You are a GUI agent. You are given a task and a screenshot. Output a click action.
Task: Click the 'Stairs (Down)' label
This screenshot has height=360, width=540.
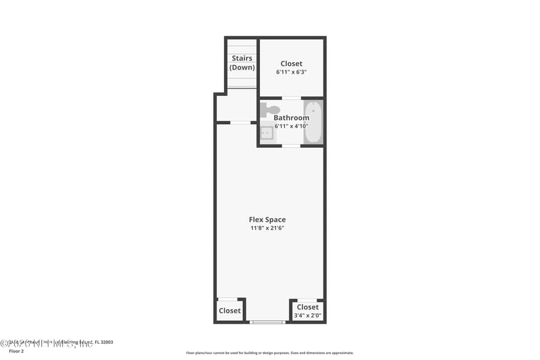pos(242,63)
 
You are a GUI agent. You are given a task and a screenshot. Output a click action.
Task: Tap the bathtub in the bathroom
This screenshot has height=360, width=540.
pos(313,122)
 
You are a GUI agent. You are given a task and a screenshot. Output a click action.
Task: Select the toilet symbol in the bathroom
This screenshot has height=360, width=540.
pos(270,109)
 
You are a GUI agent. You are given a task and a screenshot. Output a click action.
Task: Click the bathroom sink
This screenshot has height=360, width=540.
pos(267,133)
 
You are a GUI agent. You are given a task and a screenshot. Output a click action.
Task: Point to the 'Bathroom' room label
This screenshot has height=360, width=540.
pos(291,118)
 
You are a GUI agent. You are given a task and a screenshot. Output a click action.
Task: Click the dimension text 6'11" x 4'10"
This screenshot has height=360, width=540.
pos(291,126)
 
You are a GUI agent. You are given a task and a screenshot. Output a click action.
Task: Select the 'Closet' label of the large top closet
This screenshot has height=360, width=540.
pos(292,63)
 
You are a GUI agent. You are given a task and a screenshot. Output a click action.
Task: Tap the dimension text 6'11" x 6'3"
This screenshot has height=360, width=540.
pos(292,72)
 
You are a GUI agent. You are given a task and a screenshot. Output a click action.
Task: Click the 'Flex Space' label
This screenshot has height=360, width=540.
pos(267,220)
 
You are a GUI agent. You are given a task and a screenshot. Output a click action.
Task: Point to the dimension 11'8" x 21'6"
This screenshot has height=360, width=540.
pos(267,228)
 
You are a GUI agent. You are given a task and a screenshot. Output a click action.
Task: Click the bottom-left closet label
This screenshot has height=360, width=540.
pos(230,311)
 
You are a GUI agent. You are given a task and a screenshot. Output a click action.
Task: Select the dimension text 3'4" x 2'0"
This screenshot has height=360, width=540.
pos(307,315)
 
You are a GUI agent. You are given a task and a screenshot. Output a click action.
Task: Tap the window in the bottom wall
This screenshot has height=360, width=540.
pos(267,322)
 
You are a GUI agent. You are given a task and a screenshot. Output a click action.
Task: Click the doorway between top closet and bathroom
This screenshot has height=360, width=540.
pos(291,98)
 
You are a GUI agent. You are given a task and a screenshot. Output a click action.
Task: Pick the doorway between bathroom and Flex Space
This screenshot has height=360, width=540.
pos(291,145)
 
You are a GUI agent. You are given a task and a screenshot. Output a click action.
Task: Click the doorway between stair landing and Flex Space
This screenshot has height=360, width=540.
pos(240,122)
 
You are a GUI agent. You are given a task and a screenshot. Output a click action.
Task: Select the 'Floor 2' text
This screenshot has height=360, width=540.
pos(16,351)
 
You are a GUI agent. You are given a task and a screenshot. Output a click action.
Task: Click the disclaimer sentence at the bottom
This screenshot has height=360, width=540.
pos(269,353)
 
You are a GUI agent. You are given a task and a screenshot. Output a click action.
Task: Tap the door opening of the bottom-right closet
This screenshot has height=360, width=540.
pos(306,300)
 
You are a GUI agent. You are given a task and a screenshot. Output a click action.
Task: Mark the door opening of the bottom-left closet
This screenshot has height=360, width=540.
pos(227,299)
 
